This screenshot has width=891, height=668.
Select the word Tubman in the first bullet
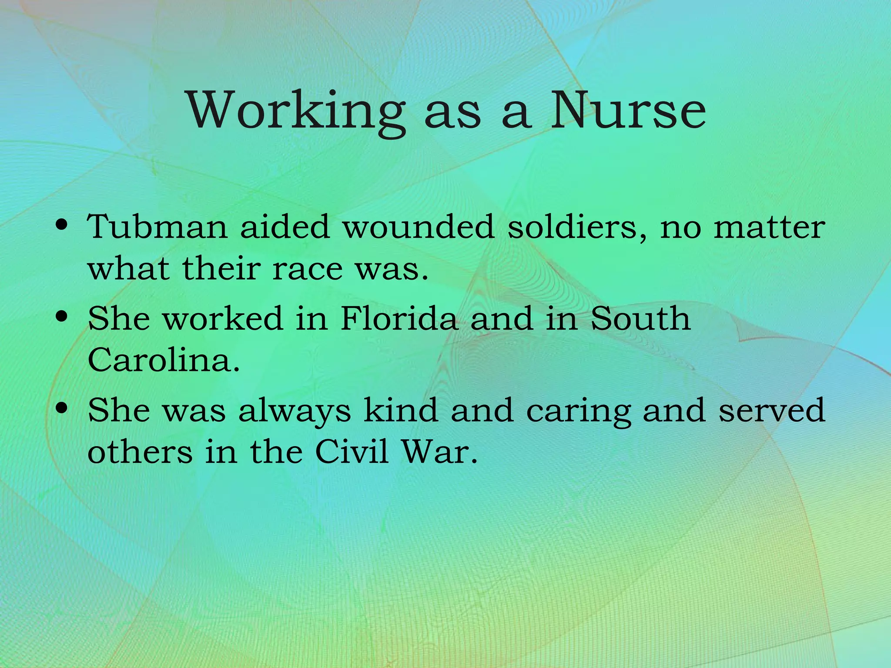[157, 227]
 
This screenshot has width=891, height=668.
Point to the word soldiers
[577, 227]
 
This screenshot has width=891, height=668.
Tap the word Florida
[399, 318]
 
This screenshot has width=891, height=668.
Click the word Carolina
[164, 360]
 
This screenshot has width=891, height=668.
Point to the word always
[295, 411]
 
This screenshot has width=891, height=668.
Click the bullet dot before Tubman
[62, 225]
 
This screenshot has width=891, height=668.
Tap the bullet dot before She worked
[62, 316]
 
